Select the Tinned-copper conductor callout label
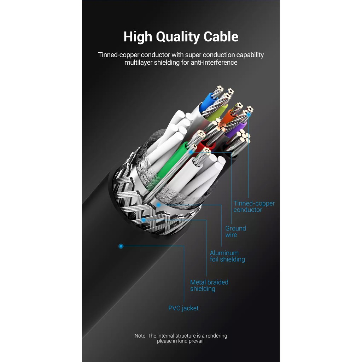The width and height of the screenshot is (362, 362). tap(254, 206)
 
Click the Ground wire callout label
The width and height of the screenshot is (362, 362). tap(235, 232)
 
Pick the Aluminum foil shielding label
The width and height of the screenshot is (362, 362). tap(227, 256)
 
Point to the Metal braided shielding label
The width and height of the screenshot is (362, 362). tap(209, 285)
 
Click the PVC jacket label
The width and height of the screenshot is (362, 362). tap(183, 308)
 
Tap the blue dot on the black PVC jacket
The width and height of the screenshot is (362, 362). tap(121, 246)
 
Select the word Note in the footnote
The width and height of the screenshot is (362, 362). tap(140, 336)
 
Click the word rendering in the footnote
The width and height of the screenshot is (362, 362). tap(216, 336)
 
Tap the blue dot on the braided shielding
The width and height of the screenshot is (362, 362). tap(144, 220)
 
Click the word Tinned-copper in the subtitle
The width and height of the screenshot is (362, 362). tap(118, 55)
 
